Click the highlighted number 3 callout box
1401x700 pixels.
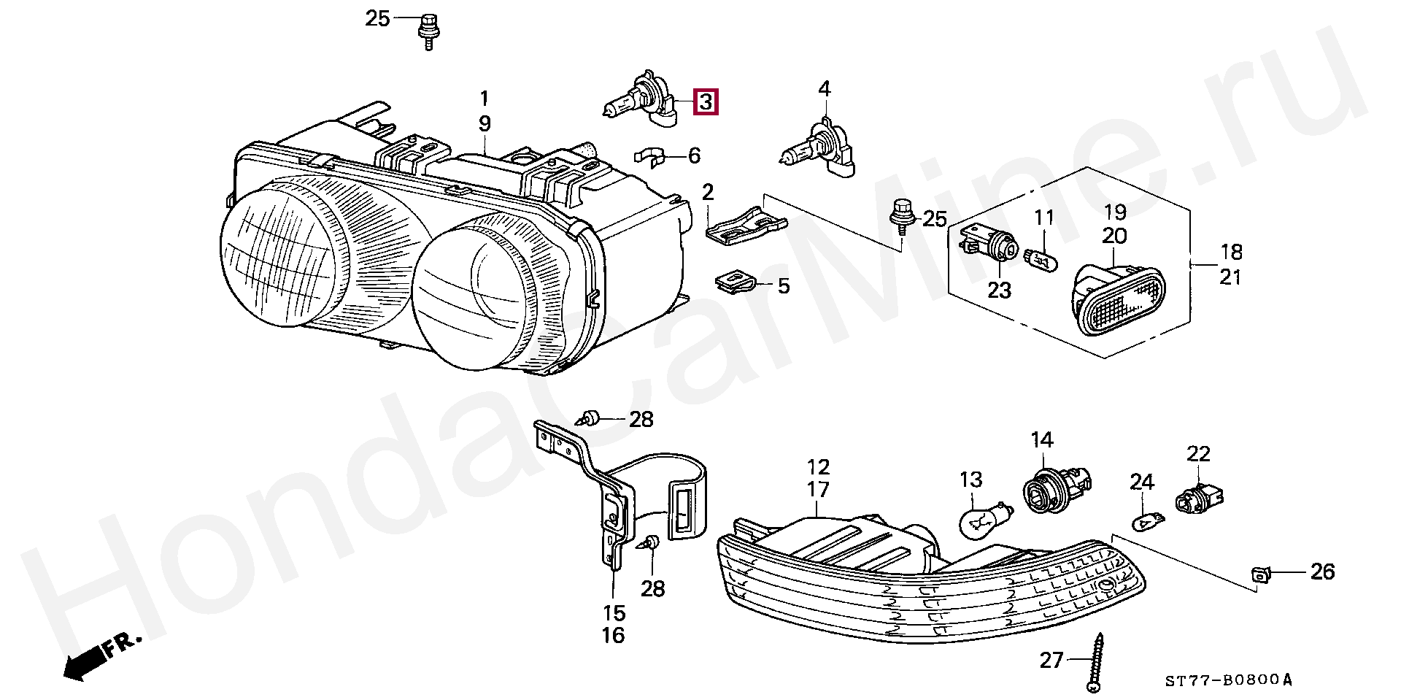[706, 102]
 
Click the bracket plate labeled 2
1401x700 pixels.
[744, 224]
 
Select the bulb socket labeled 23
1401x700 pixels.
[989, 245]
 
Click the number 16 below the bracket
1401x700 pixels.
[613, 635]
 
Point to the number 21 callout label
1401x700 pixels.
[1230, 277]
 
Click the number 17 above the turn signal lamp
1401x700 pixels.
[818, 489]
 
